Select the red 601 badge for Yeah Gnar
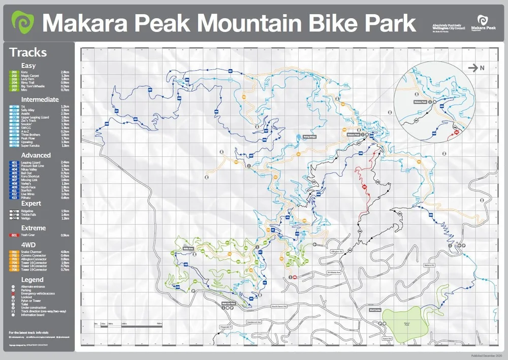(14, 235)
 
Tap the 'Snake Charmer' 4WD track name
(31, 252)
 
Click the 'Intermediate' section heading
(40, 100)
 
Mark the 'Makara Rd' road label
(430, 265)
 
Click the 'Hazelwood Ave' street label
(254, 322)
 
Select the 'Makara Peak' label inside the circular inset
(420, 102)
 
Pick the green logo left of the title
(23, 23)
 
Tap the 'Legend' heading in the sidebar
(32, 280)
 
